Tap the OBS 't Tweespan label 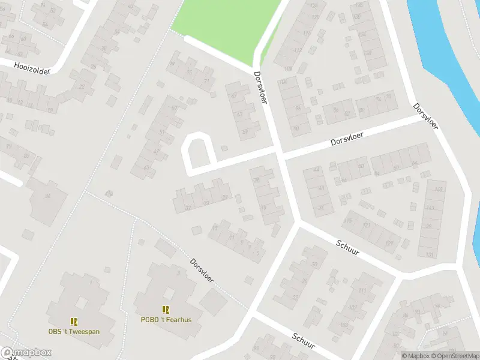tap(74, 331)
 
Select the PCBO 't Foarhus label tap(166, 320)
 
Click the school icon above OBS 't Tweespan tap(74, 322)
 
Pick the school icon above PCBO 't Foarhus tap(166, 310)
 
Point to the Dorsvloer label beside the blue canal tap(425, 116)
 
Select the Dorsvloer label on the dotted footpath tap(203, 271)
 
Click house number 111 tap(362, 291)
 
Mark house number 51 tap(162, 133)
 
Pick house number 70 tap(389, 97)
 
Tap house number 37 tap(188, 207)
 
